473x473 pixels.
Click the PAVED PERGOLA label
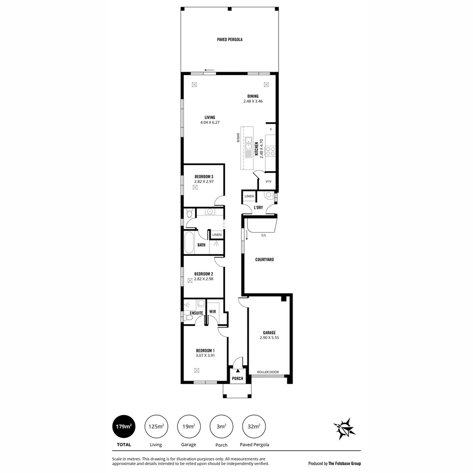coord(229,39)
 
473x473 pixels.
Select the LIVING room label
coord(210,117)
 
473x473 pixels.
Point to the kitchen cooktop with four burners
coord(270,151)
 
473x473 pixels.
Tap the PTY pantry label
coord(268,181)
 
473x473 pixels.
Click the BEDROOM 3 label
coord(204,176)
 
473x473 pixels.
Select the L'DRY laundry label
coord(258,208)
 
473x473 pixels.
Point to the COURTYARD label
coord(265,260)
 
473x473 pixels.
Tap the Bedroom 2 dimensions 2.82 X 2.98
coord(204,279)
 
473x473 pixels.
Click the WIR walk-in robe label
coord(212,312)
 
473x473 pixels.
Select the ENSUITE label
coord(196,313)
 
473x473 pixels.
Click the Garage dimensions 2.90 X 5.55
coord(269,338)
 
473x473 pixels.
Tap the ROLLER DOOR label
coord(268,372)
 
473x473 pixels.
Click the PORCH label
coord(238,378)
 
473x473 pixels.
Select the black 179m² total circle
coord(124,426)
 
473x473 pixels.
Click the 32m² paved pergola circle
coord(254,426)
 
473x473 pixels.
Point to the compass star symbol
coord(344,428)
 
